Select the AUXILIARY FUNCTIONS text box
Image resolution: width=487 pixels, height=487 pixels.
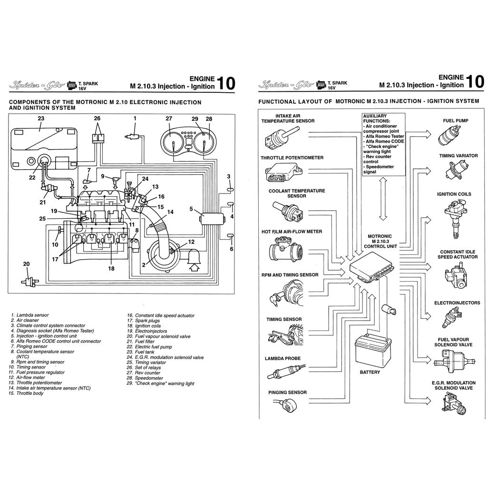tap(383, 144)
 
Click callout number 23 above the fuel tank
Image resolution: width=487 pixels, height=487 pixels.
tap(41, 118)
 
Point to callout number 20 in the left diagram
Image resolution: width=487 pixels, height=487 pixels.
tap(26, 264)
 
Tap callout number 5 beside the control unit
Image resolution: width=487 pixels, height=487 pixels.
tap(191, 208)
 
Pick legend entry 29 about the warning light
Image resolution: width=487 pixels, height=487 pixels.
tap(161, 383)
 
